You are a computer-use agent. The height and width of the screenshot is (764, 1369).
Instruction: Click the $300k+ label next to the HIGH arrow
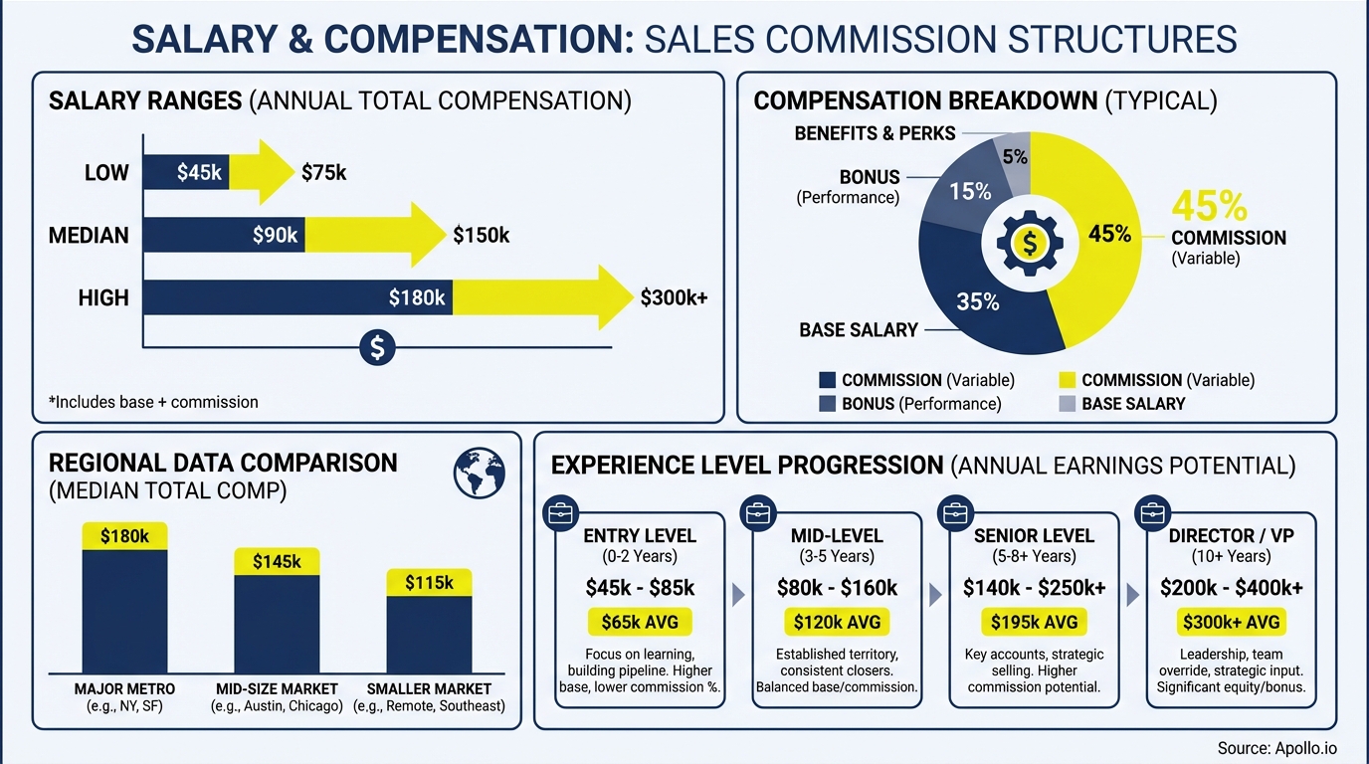pos(674,296)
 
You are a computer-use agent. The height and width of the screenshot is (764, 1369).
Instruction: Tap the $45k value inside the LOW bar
pos(199,172)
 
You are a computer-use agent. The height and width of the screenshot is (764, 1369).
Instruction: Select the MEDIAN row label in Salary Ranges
pos(89,235)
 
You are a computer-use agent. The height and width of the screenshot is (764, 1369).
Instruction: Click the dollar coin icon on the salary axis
pos(377,347)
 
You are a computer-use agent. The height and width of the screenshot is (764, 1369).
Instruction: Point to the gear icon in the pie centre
pos(1030,242)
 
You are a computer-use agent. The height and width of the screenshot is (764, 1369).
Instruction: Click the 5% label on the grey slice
pos(1015,156)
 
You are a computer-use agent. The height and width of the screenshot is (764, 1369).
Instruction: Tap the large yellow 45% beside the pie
pos(1209,206)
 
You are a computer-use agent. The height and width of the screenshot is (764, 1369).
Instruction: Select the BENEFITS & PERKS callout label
pos(875,133)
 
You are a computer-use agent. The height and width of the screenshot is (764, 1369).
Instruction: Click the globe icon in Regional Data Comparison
pos(480,472)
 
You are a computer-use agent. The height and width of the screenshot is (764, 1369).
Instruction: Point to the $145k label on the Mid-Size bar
pos(277,562)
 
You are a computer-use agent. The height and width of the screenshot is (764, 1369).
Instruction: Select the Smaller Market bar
pos(429,634)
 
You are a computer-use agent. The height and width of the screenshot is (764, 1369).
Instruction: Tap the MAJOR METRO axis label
pos(124,688)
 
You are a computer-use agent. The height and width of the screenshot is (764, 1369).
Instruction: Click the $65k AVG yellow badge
pos(640,623)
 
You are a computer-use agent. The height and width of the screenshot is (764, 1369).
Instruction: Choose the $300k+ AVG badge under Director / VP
pos(1232,623)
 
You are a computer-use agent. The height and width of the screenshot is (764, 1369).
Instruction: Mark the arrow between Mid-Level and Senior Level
pos(934,595)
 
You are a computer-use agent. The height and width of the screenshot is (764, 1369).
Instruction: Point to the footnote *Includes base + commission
pos(153,402)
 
